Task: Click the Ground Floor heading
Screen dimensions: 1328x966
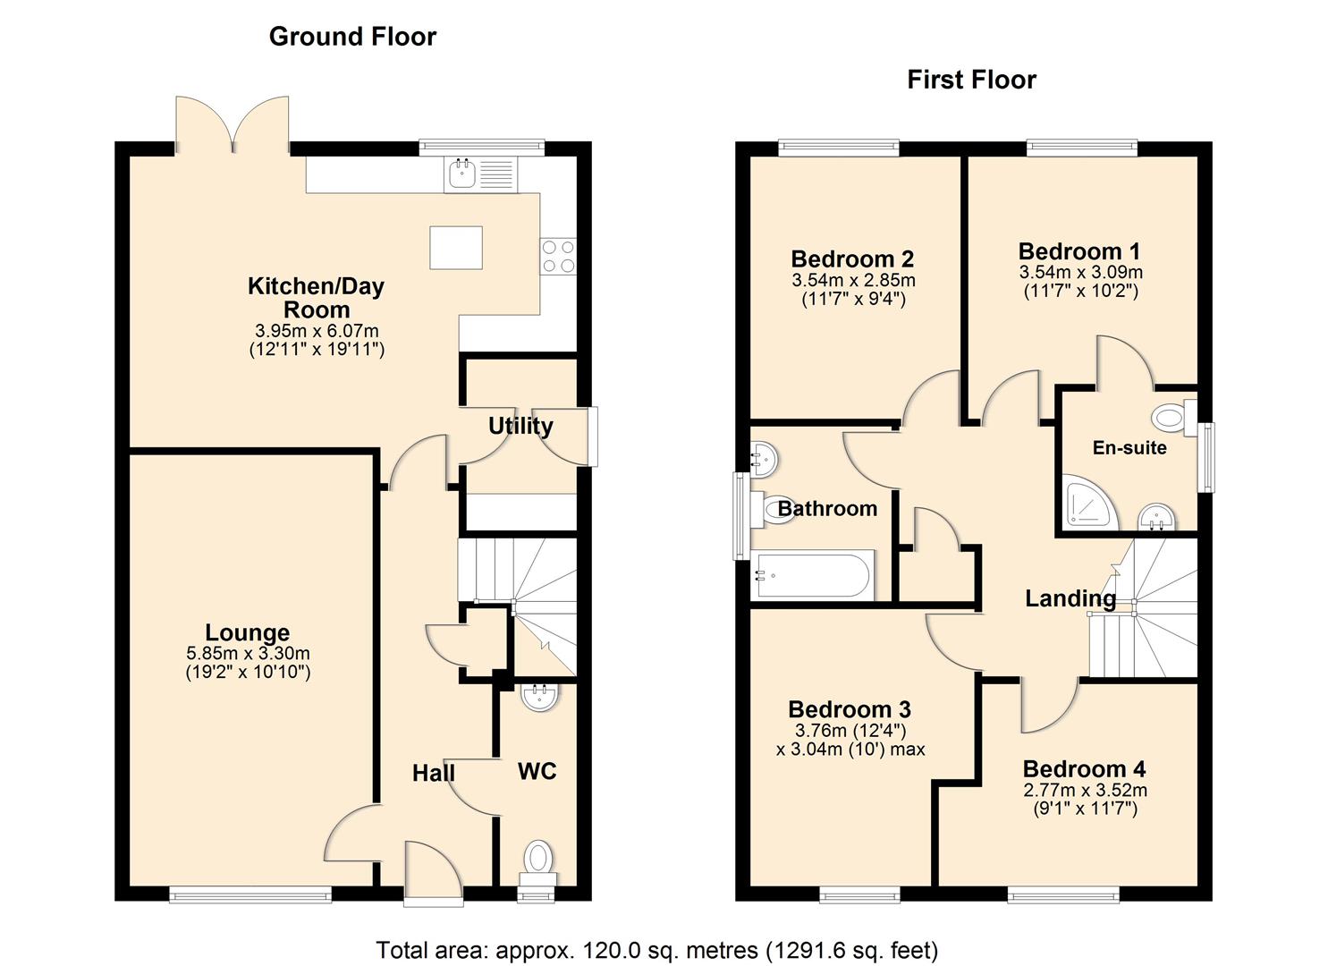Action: pyautogui.click(x=352, y=37)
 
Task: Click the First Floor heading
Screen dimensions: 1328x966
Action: pyautogui.click(x=971, y=80)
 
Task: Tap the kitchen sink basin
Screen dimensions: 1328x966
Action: pyautogui.click(x=462, y=174)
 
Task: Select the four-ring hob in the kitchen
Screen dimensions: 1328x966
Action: pyautogui.click(x=558, y=256)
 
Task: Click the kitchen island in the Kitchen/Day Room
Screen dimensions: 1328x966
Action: pyautogui.click(x=456, y=248)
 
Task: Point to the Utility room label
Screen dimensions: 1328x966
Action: pyautogui.click(x=520, y=427)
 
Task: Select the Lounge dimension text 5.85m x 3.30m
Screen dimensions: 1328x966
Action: pyautogui.click(x=248, y=654)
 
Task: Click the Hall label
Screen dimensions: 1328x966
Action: pyautogui.click(x=434, y=774)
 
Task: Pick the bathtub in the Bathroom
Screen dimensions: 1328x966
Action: pyautogui.click(x=812, y=574)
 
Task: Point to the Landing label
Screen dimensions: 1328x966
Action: pyautogui.click(x=1070, y=599)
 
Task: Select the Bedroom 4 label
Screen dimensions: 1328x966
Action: pyautogui.click(x=1085, y=769)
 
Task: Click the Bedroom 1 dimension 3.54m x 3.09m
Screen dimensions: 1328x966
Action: pyautogui.click(x=1081, y=272)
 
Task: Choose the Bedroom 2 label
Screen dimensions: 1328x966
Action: pyautogui.click(x=852, y=259)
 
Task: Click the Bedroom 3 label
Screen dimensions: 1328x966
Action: pyautogui.click(x=850, y=710)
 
